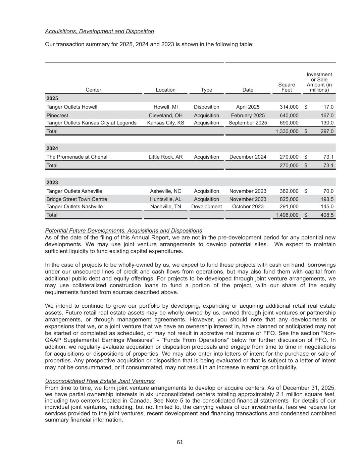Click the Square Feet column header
coord(287,87)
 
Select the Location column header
coord(165,90)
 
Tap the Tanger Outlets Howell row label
coord(72,107)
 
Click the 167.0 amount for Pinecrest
coord(327,115)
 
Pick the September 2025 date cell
coord(248,123)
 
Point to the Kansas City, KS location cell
coord(165,123)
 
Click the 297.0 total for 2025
coord(327,131)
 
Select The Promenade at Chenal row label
coord(77,157)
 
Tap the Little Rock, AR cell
coord(165,157)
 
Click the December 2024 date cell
coord(248,157)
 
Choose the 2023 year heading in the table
coord(52,183)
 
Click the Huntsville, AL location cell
coord(165,199)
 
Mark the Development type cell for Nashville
coord(206,207)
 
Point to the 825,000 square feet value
coord(289,199)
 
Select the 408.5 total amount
coord(327,215)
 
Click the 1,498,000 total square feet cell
coord(287,215)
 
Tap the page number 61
coord(180,442)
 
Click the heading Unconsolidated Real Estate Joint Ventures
coord(100,381)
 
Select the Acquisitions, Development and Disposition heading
coord(99,32)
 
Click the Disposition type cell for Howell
coord(206,107)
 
